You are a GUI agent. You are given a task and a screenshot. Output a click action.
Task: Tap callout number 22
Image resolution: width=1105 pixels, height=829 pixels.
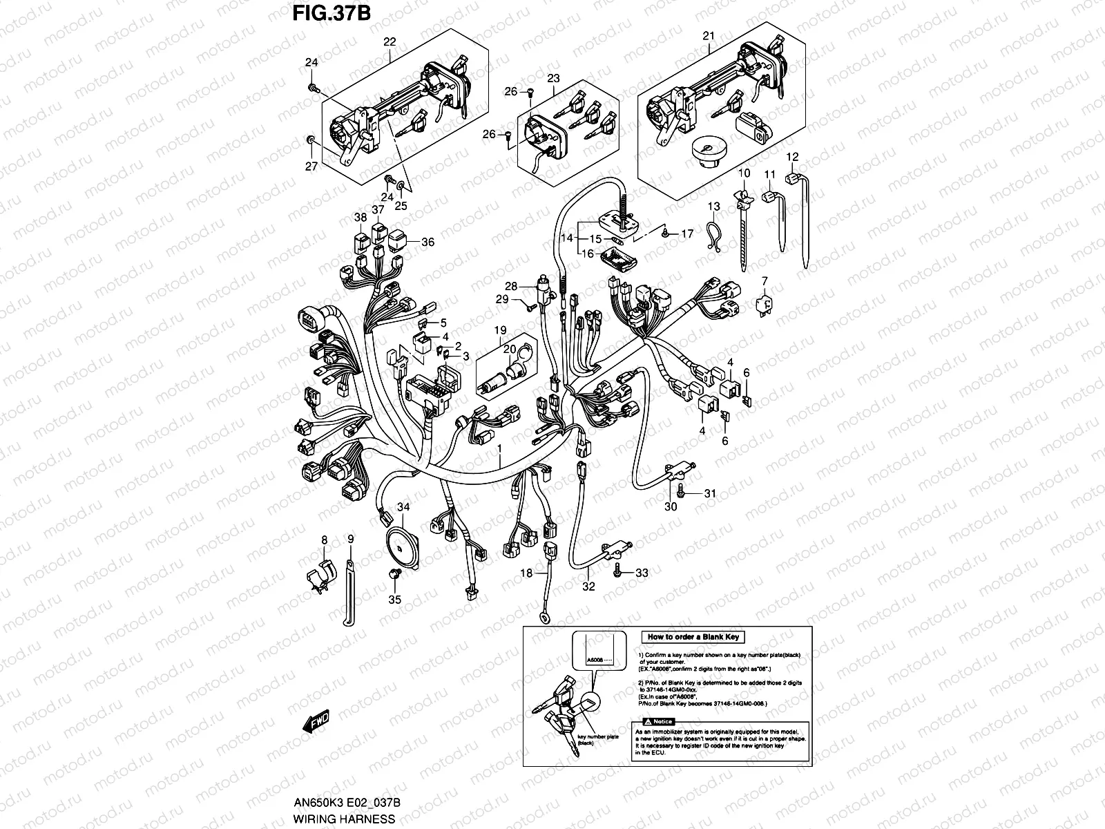tap(390, 41)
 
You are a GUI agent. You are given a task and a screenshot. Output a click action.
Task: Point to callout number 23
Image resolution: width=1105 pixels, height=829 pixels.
tap(553, 79)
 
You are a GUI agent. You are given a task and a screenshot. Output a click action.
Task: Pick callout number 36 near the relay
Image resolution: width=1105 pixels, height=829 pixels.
tap(428, 242)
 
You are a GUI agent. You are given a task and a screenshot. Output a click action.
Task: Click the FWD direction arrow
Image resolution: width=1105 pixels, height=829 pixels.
tap(316, 723)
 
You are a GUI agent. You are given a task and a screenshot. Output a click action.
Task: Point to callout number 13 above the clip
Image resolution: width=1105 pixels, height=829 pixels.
tap(713, 207)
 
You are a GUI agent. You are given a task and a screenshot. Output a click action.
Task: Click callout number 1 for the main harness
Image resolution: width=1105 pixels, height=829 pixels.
tap(499, 449)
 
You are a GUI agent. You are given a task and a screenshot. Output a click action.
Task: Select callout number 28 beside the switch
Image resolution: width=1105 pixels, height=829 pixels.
tap(511, 286)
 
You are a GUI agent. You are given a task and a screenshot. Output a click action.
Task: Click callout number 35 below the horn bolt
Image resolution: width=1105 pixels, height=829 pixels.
tap(394, 600)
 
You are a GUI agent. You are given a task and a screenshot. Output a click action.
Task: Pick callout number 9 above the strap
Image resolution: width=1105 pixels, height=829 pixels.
tap(350, 538)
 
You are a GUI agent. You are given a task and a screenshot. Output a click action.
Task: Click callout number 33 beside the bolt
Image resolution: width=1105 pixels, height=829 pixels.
tap(642, 573)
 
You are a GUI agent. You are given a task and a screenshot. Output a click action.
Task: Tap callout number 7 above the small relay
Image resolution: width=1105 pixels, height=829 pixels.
tap(765, 280)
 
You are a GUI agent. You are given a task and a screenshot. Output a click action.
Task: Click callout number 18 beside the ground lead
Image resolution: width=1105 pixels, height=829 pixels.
tap(526, 573)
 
